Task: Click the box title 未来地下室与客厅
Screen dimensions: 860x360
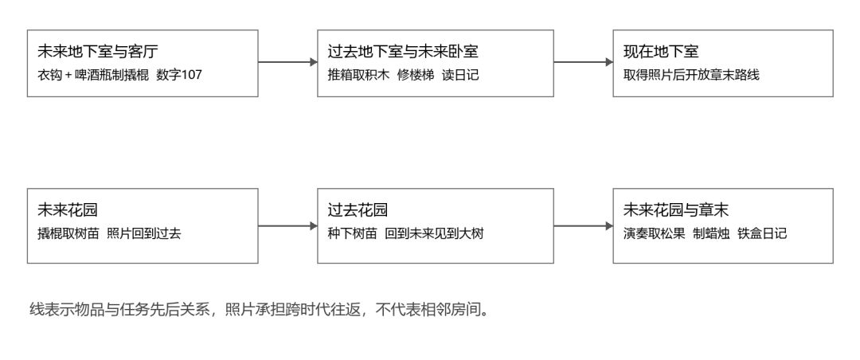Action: click(98, 52)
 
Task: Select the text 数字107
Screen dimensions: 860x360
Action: click(179, 75)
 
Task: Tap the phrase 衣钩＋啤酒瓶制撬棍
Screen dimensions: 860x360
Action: click(92, 75)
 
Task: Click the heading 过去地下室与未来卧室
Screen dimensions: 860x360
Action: click(403, 52)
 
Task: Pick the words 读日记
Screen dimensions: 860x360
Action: click(461, 75)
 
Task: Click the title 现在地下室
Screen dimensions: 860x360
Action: click(661, 52)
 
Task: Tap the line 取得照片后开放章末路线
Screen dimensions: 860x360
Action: click(691, 75)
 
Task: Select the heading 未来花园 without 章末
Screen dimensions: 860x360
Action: click(68, 210)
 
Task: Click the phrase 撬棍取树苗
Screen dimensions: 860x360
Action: click(68, 234)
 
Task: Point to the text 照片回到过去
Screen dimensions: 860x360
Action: click(143, 234)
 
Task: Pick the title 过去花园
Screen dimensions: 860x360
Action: click(358, 210)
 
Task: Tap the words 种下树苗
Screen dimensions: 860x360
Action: click(352, 234)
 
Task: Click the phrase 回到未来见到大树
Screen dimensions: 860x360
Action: click(435, 234)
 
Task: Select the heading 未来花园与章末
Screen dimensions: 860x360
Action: click(676, 210)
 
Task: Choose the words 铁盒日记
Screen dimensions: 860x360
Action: click(762, 234)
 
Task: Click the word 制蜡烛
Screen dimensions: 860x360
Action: click(711, 234)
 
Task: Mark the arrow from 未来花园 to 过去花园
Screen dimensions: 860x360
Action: click(288, 226)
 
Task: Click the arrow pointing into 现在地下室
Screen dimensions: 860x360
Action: click(584, 63)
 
